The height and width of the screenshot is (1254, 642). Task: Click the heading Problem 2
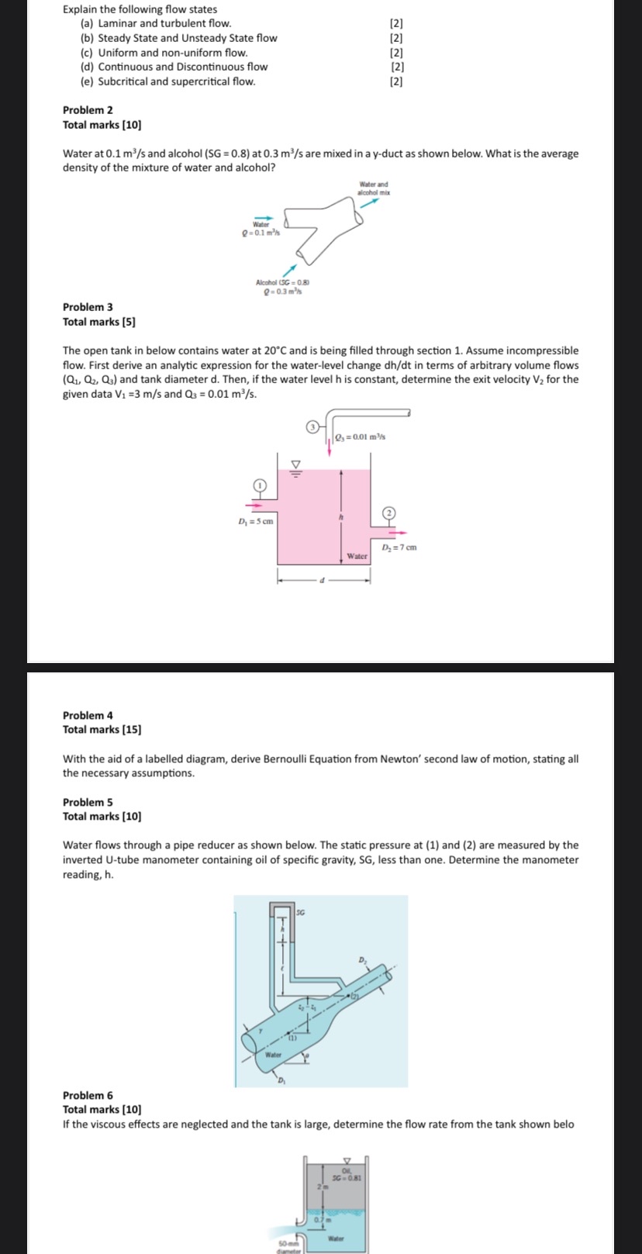[x=88, y=110]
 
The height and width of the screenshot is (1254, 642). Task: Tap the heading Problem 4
[x=88, y=715]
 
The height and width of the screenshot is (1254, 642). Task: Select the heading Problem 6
[x=88, y=1095]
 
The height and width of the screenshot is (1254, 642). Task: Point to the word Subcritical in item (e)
[x=123, y=81]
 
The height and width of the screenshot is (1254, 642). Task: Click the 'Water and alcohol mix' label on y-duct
[x=373, y=188]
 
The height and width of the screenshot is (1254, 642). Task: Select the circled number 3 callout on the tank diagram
[x=312, y=427]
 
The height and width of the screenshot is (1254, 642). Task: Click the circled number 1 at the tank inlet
[x=261, y=485]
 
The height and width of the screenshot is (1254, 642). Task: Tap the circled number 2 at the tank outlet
[x=389, y=513]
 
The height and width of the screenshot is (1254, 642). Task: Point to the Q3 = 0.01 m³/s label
[x=361, y=437]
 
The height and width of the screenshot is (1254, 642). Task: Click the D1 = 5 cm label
[x=255, y=521]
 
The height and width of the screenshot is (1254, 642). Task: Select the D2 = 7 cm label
[x=399, y=548]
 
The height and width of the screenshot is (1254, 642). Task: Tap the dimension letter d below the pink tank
[x=323, y=581]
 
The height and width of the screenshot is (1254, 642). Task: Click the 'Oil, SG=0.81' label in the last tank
[x=347, y=1174]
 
